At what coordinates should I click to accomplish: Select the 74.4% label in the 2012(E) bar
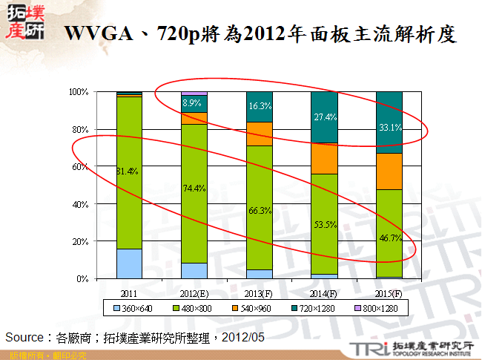pos(194,189)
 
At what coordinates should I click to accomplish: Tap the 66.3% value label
pos(259,212)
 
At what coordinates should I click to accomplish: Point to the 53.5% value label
pos(324,223)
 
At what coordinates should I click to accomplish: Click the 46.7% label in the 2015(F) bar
pos(389,238)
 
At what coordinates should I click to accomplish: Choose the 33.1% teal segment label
pos(389,128)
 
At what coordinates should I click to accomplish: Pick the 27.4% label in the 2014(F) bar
pos(325,117)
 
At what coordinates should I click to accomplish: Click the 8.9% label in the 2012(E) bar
pos(191,103)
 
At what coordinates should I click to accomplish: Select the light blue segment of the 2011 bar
pos(129,264)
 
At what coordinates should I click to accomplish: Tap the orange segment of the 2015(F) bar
pos(389,171)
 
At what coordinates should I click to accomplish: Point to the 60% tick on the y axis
pos(79,167)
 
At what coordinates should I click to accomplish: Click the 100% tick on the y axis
pos(78,92)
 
